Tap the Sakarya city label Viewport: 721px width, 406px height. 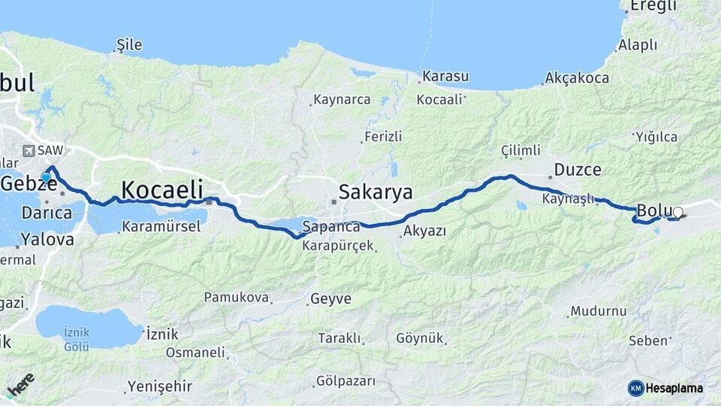point(375,192)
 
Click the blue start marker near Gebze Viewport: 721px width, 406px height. point(47,178)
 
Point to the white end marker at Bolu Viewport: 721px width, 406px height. point(677,213)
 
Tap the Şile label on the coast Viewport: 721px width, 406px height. point(128,45)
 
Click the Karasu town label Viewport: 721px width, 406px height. point(445,77)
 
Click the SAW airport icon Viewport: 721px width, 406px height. point(29,150)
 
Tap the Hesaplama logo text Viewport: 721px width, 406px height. point(673,388)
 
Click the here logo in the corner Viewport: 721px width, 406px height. point(20,386)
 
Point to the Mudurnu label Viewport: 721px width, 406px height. point(598,311)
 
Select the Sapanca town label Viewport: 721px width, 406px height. point(331,226)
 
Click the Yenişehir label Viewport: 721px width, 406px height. point(159,386)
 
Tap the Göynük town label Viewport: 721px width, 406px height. point(420,338)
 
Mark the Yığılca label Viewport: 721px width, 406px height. point(656,137)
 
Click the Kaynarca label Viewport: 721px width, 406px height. point(342,99)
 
